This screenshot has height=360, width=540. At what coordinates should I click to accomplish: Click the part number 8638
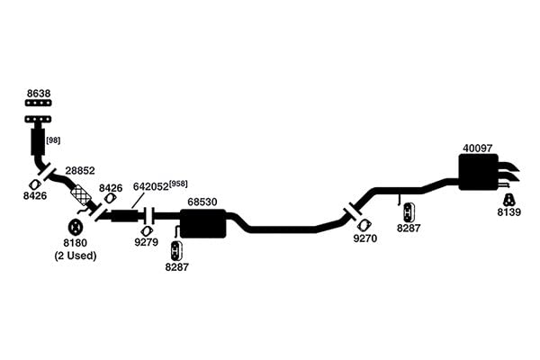39,94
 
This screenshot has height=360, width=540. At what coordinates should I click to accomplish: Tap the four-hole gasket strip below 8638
39,103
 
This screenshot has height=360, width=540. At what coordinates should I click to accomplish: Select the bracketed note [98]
53,140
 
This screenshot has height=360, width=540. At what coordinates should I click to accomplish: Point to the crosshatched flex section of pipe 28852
81,194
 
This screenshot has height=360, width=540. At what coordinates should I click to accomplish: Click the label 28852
80,170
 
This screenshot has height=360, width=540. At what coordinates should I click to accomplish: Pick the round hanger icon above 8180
75,228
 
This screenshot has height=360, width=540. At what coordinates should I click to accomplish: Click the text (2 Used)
76,256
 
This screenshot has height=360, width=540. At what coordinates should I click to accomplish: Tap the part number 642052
151,186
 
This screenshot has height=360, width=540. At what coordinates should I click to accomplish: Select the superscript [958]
178,184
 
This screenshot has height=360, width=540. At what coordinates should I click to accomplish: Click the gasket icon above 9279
147,231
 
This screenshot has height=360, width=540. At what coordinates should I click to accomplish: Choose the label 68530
202,202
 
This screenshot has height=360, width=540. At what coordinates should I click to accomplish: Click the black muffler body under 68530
203,223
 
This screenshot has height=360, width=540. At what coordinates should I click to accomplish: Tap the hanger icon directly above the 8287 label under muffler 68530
176,251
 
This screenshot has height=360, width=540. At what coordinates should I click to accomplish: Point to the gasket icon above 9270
363,225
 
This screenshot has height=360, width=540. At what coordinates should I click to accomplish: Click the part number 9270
365,238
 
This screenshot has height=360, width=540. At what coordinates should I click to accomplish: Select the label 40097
478,148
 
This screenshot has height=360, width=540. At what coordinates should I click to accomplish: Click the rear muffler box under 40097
479,172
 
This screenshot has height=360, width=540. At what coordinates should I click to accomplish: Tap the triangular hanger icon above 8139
508,200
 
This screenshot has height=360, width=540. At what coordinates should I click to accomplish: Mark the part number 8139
509,212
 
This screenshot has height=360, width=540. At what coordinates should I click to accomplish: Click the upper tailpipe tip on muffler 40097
508,166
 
